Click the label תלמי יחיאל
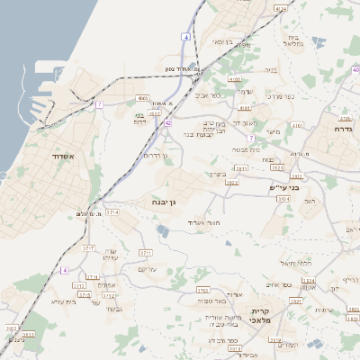point(294,263)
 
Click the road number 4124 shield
point(280,8)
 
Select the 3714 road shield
point(112,211)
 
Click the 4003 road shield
point(142,98)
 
